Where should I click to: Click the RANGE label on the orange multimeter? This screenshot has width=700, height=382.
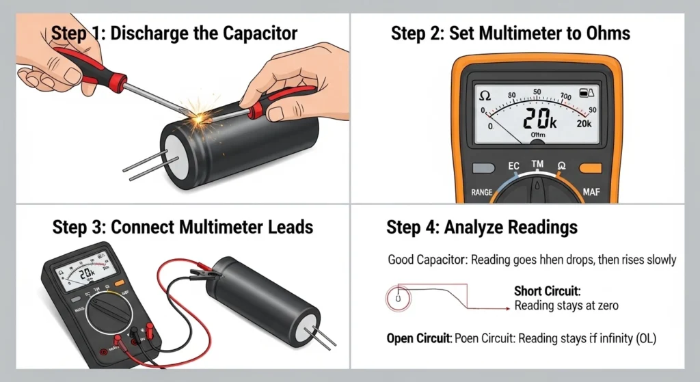click(472, 193)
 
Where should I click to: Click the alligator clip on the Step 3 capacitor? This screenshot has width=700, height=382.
click(206, 275)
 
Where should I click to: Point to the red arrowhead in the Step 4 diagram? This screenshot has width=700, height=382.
click(507, 309)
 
